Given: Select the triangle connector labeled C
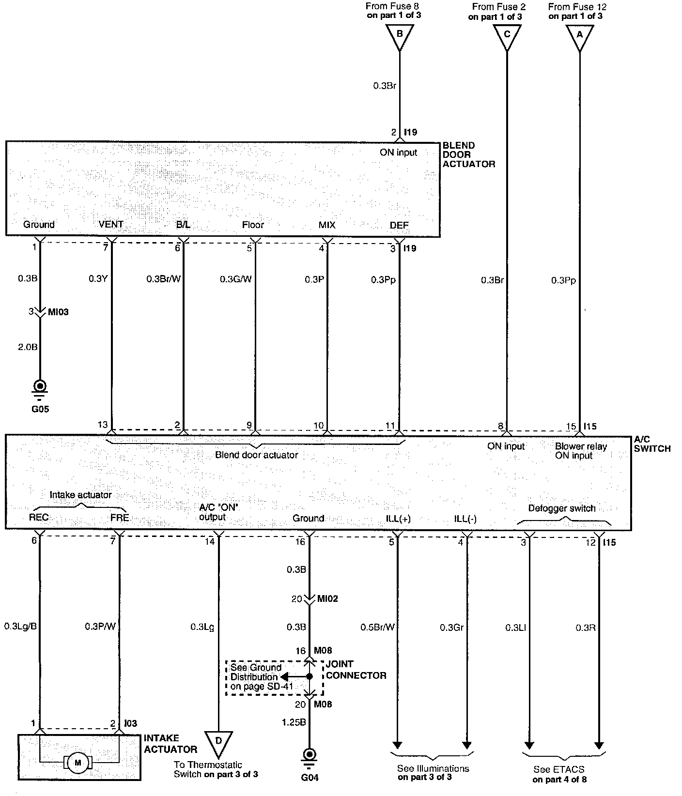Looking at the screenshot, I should click(507, 36).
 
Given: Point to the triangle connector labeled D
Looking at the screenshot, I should click(218, 743).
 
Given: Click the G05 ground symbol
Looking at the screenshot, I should click(40, 387).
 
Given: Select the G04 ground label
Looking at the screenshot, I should click(310, 778).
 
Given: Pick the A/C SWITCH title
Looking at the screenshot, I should click(652, 444).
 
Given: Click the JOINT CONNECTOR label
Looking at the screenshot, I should click(356, 670).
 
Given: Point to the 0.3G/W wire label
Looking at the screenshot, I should click(236, 279).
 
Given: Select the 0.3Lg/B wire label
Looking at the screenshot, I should click(21, 627).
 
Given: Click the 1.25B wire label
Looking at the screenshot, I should click(294, 722).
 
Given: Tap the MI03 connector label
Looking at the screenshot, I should click(58, 312).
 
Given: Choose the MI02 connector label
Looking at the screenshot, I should click(327, 599).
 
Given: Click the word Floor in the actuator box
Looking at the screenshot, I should click(253, 225).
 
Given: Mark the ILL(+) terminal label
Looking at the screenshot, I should click(398, 519).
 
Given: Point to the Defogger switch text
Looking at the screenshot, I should click(561, 508).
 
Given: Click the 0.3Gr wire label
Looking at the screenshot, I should click(452, 628).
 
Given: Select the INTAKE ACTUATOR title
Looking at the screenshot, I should click(170, 744).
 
